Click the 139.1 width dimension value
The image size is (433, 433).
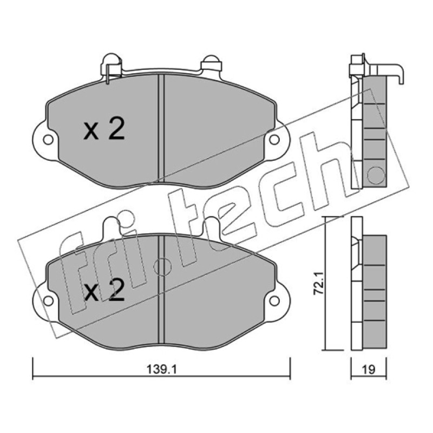(x=161, y=370)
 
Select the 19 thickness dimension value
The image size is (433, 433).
(x=369, y=370)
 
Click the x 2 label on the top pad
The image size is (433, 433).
(x=104, y=129)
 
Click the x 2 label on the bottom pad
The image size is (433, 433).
(x=104, y=290)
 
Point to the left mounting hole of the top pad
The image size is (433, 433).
(x=48, y=140)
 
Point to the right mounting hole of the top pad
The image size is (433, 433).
(x=274, y=140)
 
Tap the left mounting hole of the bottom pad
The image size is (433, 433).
(x=48, y=301)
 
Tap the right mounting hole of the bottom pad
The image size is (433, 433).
(x=274, y=301)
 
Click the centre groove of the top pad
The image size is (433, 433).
(x=161, y=129)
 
